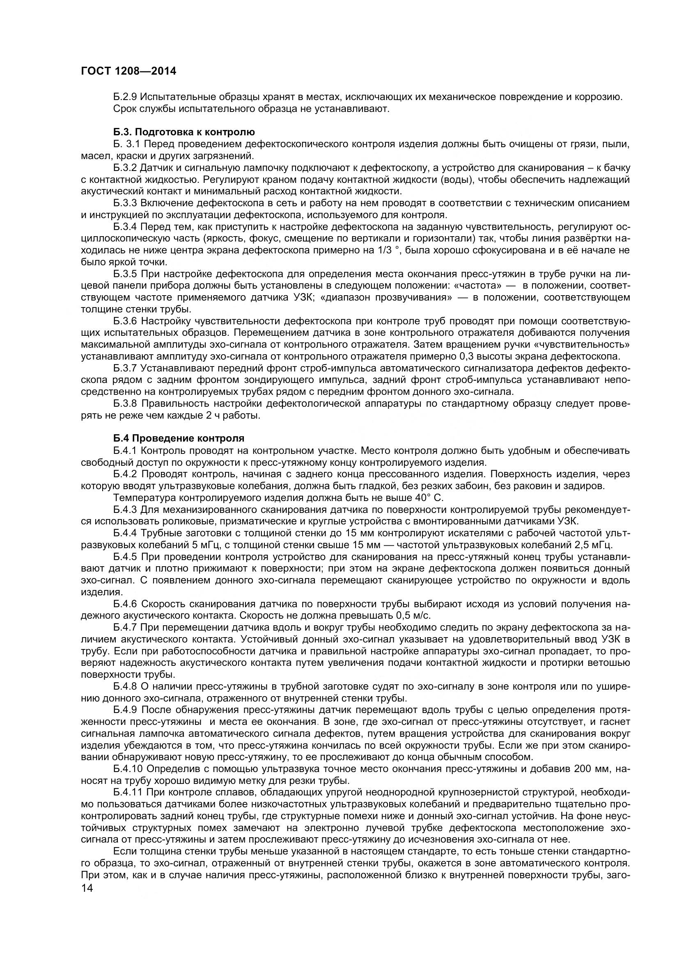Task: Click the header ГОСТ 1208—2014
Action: tap(128, 71)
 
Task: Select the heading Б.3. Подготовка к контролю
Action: tap(184, 133)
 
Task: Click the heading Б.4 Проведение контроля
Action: tap(179, 439)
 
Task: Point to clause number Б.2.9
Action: tap(125, 97)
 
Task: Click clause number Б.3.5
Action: tap(125, 274)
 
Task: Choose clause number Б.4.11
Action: tap(128, 793)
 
